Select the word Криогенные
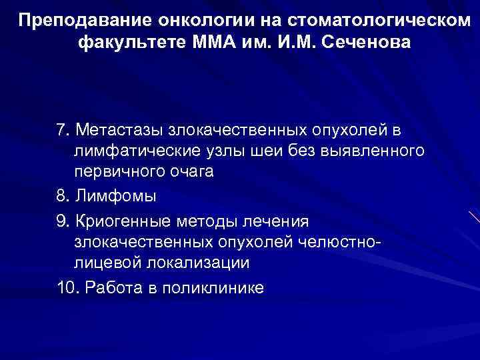[x=124, y=219]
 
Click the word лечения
[x=277, y=219]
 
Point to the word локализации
[x=192, y=263]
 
